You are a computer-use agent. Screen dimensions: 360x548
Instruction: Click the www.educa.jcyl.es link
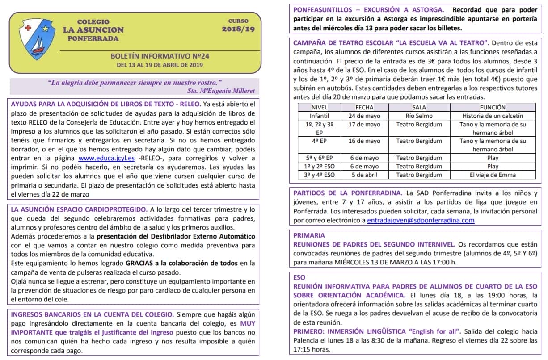106,158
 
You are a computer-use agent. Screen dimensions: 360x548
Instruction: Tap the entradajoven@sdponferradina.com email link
421,220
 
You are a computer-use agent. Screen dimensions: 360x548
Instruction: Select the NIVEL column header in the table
320,107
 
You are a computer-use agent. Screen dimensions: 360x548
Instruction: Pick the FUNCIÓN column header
493,107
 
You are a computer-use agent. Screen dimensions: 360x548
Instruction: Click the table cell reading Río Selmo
413,116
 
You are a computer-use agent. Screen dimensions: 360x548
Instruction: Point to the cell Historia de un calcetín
493,116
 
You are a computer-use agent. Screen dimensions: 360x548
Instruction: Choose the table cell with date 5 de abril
364,175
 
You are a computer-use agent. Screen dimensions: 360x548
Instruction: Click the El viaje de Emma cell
493,175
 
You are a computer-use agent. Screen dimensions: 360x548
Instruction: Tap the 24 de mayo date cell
364,116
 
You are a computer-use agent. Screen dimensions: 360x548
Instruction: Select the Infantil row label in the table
320,116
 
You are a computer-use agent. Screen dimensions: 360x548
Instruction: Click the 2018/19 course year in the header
238,29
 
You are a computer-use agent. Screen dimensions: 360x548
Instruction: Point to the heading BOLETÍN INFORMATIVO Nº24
160,56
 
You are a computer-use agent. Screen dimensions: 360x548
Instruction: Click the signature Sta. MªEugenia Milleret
221,91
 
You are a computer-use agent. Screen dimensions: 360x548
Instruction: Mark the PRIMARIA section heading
309,235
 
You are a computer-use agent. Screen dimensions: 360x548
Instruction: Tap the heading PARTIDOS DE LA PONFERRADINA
347,193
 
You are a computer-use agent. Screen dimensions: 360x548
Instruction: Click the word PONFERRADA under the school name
93,38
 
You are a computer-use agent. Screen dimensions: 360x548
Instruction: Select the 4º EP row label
320,141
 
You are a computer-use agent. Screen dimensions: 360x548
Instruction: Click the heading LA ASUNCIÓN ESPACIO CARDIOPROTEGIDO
79,209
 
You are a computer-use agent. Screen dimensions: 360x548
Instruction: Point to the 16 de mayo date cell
364,141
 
